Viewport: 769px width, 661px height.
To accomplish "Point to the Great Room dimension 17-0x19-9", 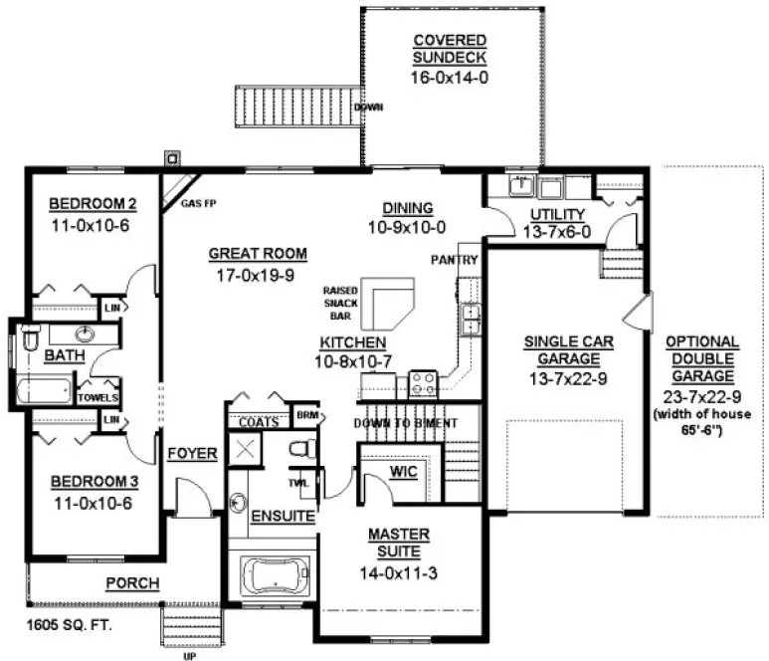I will (258, 275).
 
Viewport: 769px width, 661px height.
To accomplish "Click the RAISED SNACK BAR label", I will (340, 305).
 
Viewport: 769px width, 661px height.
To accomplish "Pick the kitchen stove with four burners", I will (424, 382).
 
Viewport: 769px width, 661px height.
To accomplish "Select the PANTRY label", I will (456, 261).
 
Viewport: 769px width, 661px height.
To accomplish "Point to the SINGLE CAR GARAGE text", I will (568, 349).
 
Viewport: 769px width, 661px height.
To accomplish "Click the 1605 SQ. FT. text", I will (69, 627).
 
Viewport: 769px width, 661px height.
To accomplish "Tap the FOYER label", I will (192, 454).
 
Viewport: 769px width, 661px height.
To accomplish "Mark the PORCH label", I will (132, 583).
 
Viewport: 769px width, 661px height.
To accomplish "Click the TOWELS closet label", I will (99, 398).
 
